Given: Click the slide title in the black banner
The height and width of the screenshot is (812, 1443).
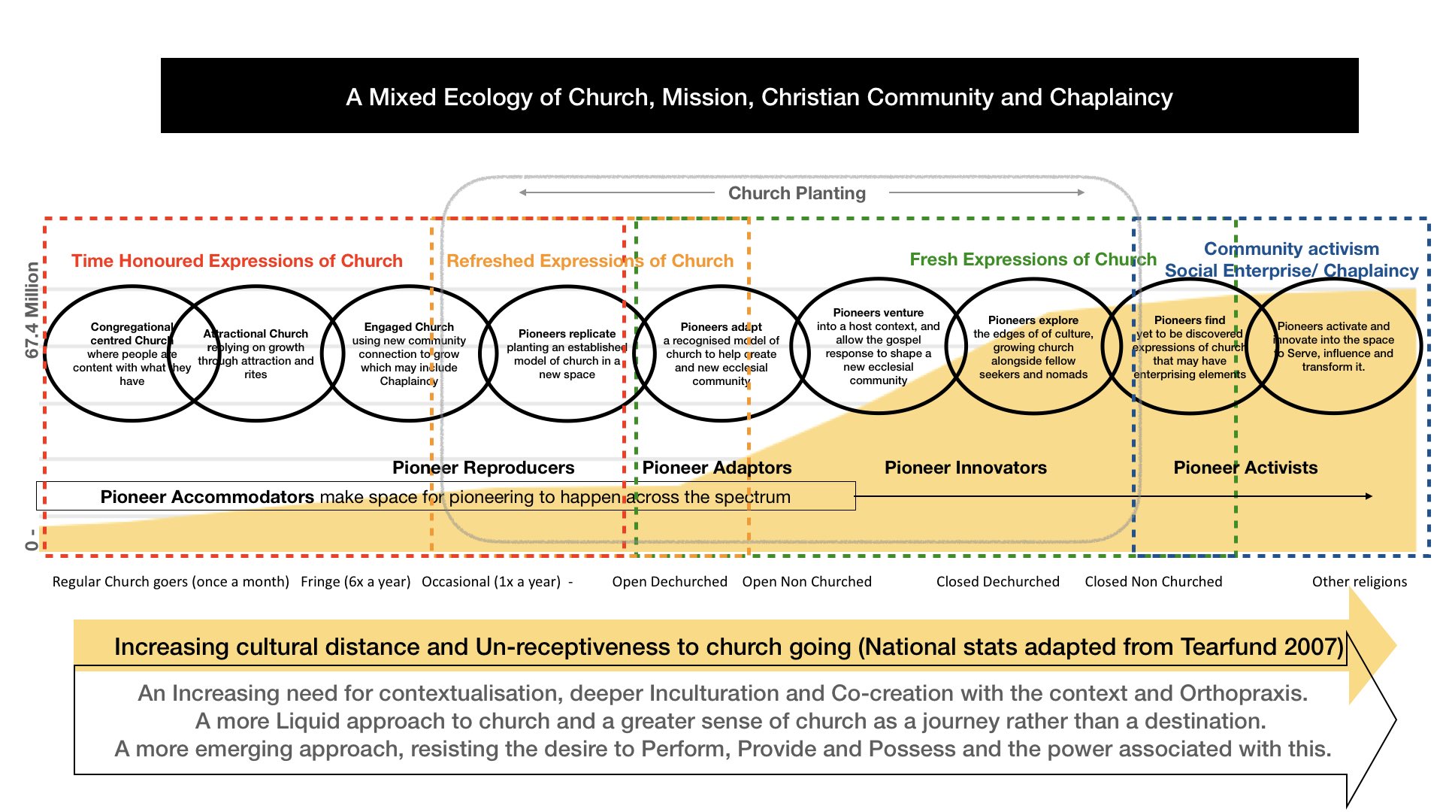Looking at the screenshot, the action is click(x=759, y=97).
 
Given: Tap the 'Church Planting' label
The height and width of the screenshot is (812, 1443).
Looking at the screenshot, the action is click(x=797, y=193).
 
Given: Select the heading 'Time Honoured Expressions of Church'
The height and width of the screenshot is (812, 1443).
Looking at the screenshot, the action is click(x=237, y=261).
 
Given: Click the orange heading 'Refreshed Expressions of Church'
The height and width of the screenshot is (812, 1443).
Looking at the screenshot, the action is click(x=590, y=261).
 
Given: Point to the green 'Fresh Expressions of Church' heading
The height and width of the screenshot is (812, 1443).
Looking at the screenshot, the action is click(x=1033, y=259).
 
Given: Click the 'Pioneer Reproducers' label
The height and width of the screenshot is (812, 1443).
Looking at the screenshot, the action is click(x=483, y=468).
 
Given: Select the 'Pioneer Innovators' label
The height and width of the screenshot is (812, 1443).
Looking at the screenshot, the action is click(x=966, y=468).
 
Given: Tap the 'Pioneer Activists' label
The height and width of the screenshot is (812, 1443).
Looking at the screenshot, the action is click(x=1246, y=468).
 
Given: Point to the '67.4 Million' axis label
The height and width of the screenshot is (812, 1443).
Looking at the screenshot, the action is click(x=32, y=310).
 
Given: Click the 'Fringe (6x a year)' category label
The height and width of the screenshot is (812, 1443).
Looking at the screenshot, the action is click(x=355, y=581).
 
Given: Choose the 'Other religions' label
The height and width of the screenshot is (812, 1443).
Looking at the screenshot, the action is click(x=1360, y=581).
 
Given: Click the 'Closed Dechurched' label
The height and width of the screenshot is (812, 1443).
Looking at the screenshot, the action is click(x=998, y=581).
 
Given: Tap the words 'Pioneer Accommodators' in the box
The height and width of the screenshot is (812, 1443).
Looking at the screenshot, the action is click(x=207, y=497).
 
